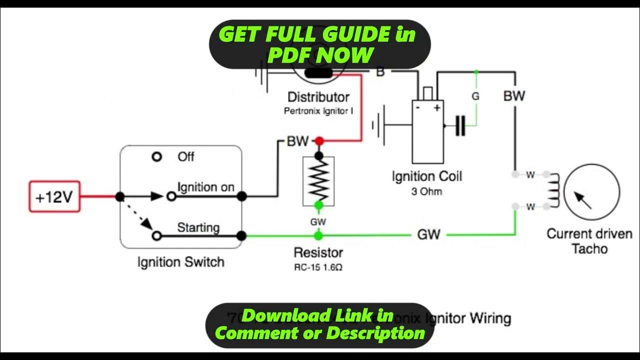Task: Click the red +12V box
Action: (54, 196)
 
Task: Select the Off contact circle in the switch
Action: (157, 157)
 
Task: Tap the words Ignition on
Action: (205, 187)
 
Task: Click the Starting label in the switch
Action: (198, 227)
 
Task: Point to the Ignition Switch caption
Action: (180, 262)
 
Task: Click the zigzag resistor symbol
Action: (318, 181)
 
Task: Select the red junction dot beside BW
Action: (319, 141)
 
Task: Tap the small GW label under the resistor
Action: (318, 221)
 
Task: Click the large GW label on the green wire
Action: (428, 234)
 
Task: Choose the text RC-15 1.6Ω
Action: (318, 267)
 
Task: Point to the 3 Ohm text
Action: (426, 191)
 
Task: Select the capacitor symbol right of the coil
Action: (460, 125)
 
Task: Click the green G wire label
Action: (475, 96)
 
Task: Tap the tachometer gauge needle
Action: (583, 200)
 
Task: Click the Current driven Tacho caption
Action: (589, 241)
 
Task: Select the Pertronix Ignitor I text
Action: (318, 111)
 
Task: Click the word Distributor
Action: (318, 97)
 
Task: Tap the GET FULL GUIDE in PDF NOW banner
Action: (319, 44)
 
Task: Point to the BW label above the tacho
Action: (514, 95)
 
